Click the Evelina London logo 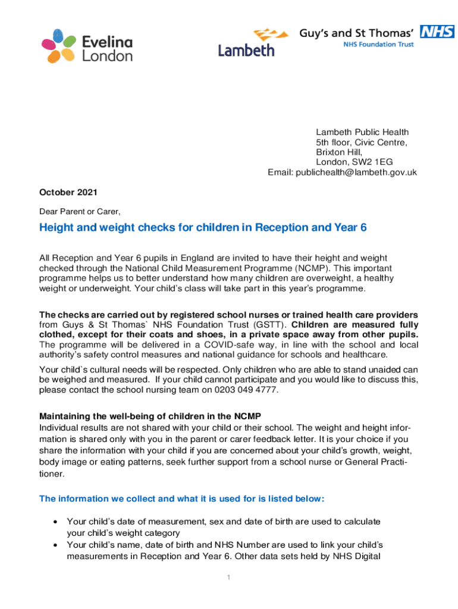pos(87,46)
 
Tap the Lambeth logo pos(246,43)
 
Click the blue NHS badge pos(437,32)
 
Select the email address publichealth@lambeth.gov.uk pos(353,172)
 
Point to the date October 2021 pos(68,192)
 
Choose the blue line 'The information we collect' pos(182,498)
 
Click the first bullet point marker pos(55,522)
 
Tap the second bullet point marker pos(55,545)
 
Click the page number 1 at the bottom pos(229,578)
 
